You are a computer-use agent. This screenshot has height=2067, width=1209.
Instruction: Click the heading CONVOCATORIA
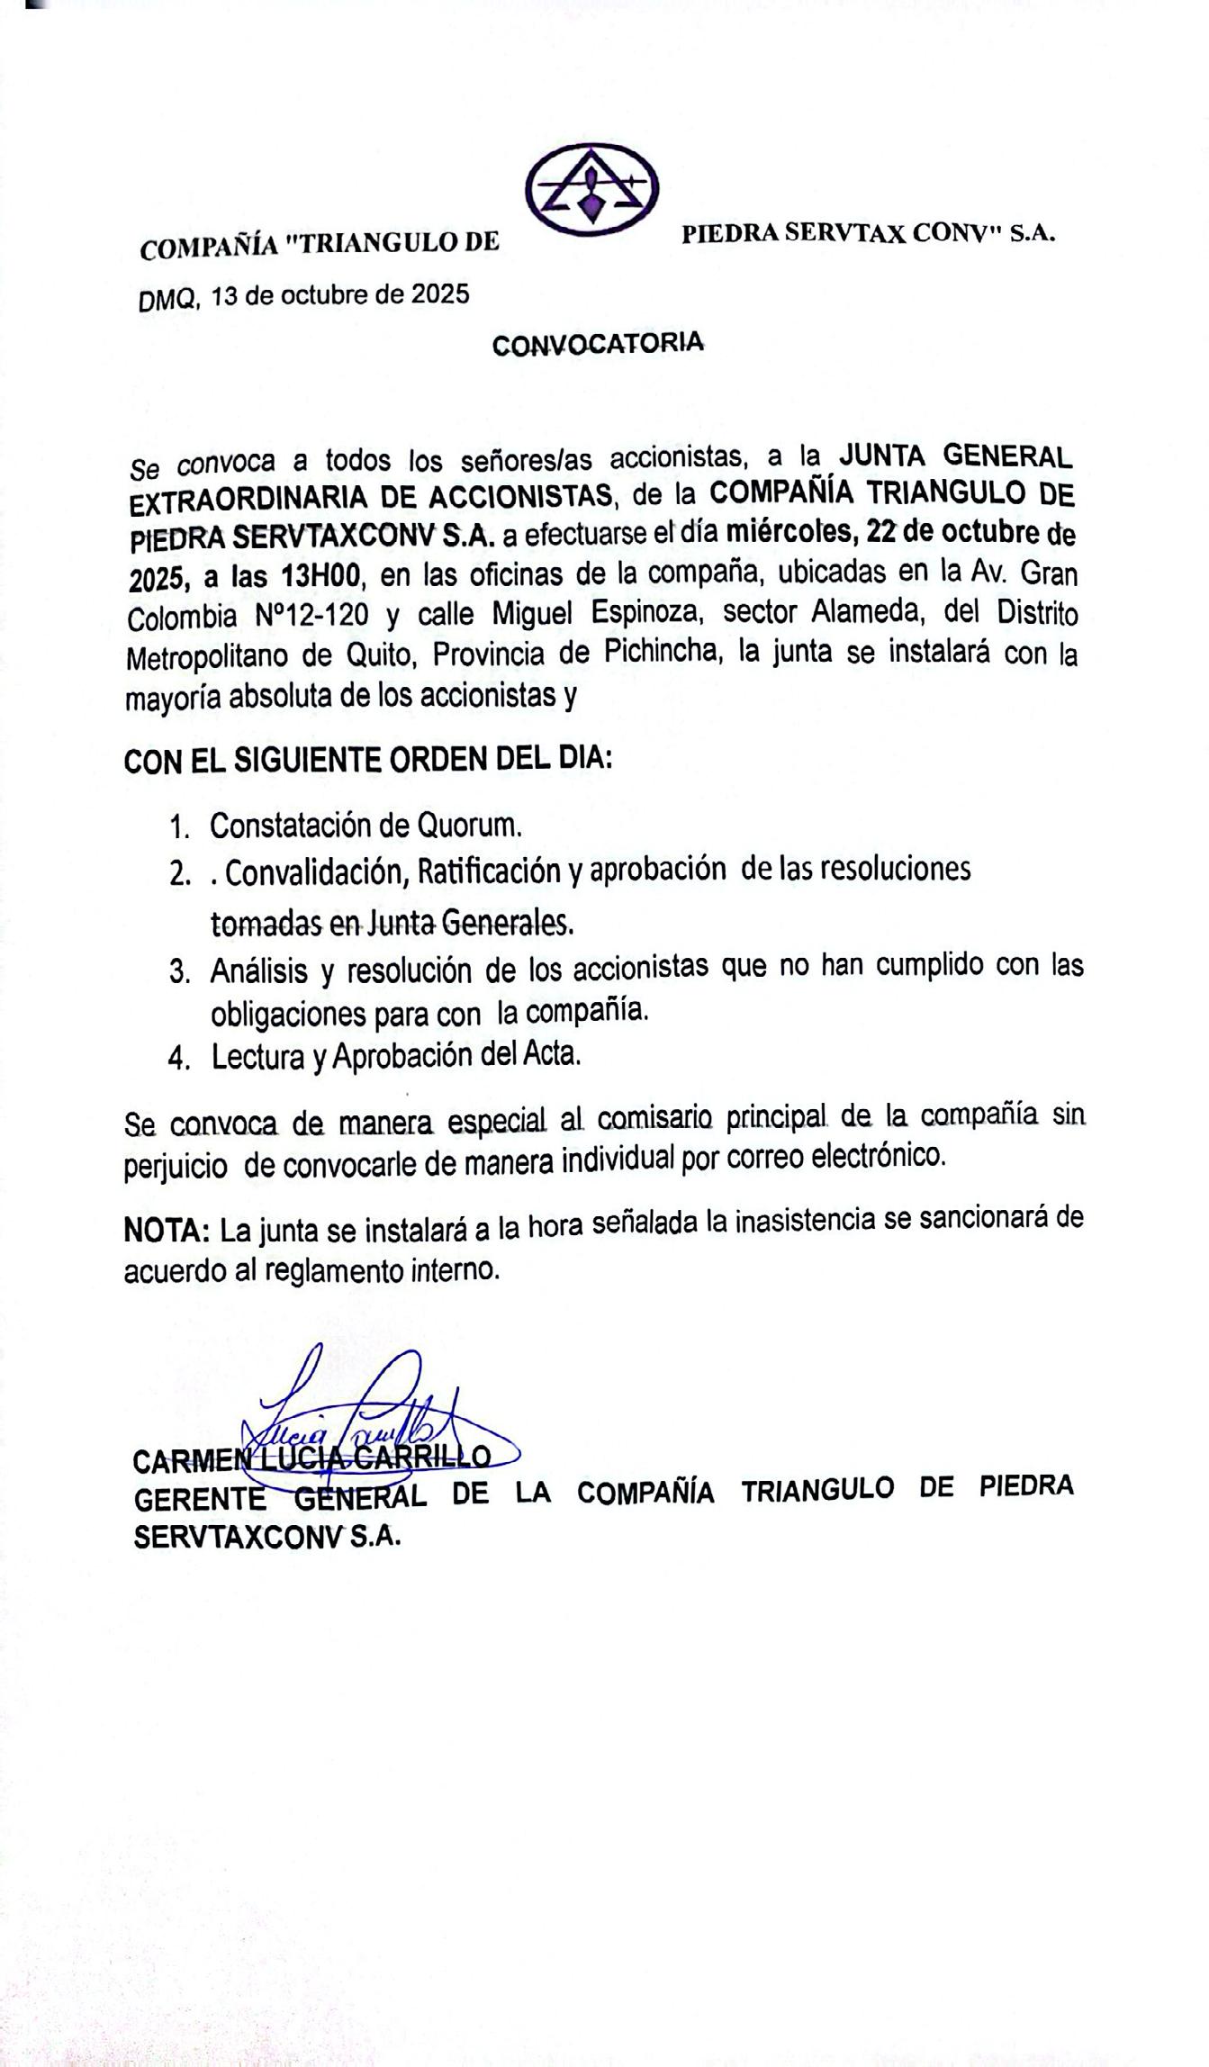pyautogui.click(x=598, y=343)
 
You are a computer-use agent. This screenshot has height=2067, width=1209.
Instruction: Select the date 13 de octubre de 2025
pyautogui.click(x=340, y=295)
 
